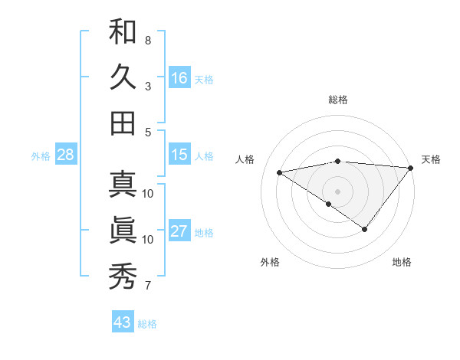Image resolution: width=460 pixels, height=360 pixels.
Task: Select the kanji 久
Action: (x=123, y=77)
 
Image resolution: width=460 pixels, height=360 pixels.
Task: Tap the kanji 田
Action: (x=123, y=123)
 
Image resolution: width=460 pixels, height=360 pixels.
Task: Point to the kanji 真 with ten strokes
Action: (x=123, y=184)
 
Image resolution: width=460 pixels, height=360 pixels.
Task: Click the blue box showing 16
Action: (x=179, y=78)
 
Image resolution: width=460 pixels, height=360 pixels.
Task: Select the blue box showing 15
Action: (x=179, y=155)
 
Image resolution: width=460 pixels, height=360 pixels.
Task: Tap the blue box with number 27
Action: (x=179, y=231)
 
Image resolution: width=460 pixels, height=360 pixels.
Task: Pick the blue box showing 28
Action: (x=65, y=155)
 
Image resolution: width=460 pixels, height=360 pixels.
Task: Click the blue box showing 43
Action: (x=123, y=322)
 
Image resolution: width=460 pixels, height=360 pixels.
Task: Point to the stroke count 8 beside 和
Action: (x=147, y=40)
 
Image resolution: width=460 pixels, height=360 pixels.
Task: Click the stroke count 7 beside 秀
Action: (x=147, y=286)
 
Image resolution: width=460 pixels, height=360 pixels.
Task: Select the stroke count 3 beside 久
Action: (x=147, y=86)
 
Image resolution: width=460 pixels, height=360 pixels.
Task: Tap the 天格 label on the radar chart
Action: (x=431, y=159)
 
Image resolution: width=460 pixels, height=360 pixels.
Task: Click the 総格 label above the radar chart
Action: (x=338, y=100)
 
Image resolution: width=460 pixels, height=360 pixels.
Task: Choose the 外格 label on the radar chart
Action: (x=269, y=262)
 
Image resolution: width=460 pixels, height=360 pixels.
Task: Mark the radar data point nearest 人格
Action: (x=280, y=172)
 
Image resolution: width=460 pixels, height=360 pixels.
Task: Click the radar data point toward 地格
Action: (x=365, y=229)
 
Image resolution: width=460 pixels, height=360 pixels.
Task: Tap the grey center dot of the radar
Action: (x=338, y=191)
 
